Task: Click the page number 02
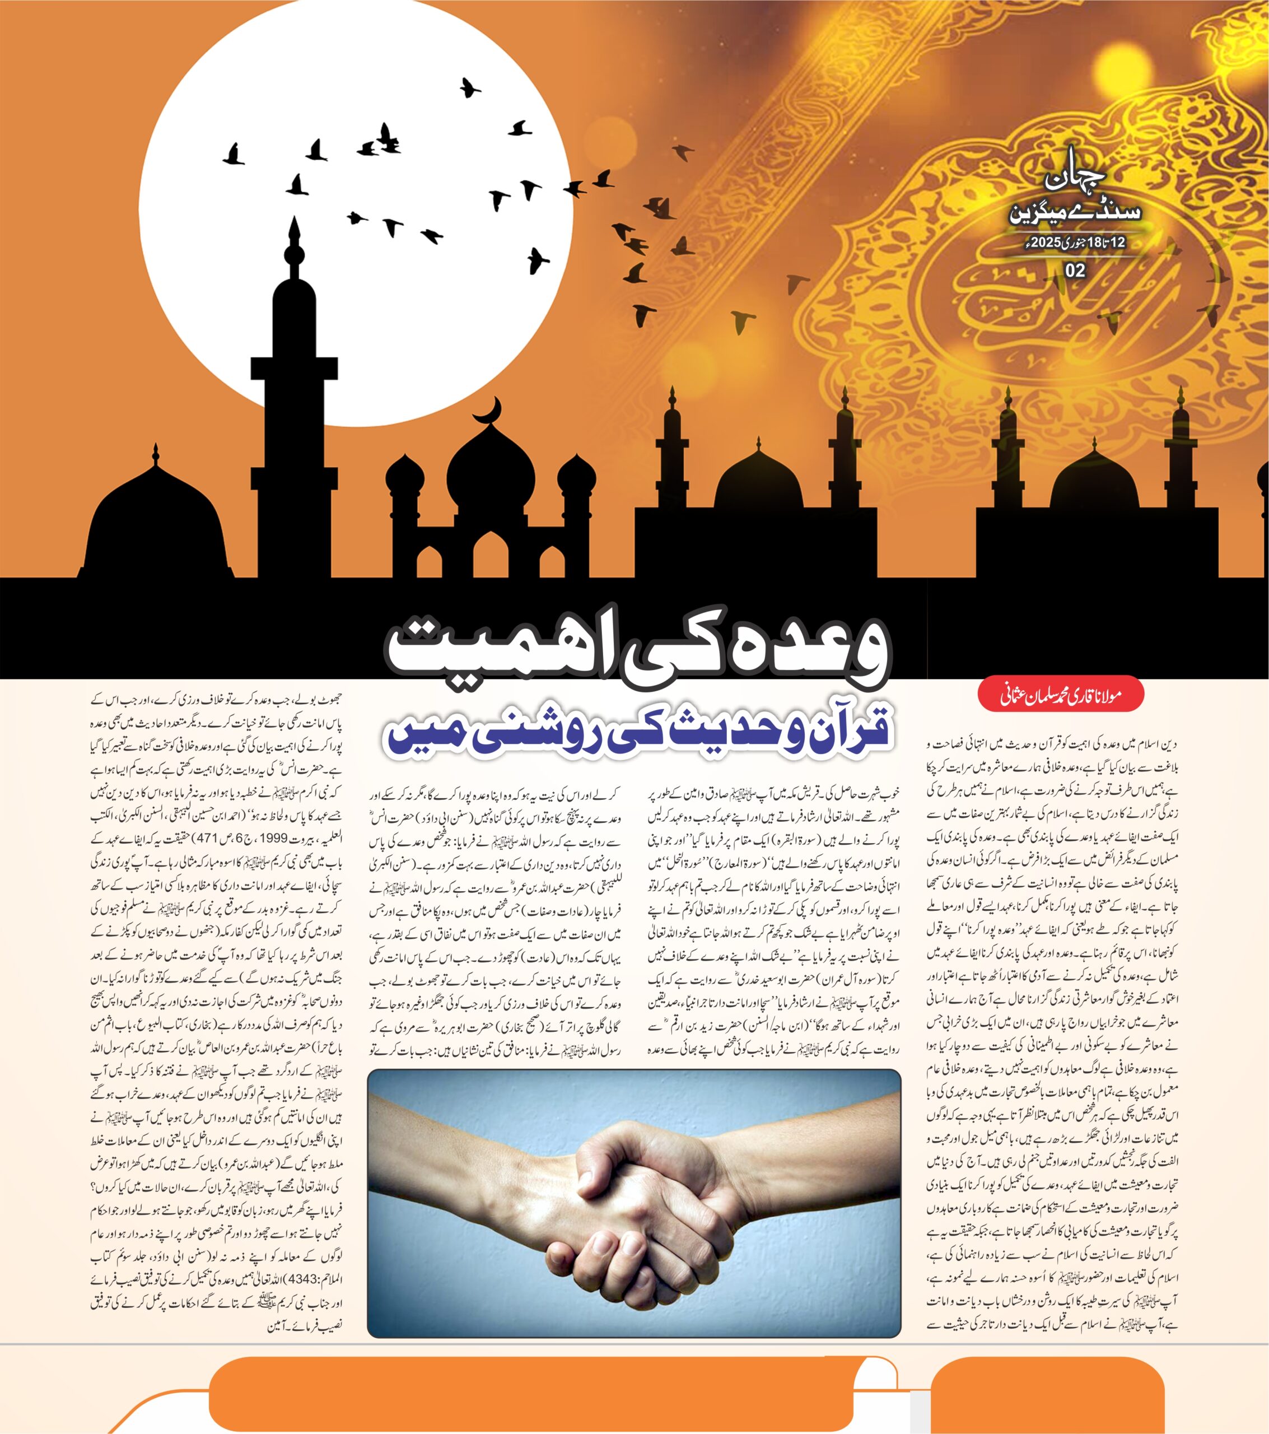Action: [x=1075, y=271]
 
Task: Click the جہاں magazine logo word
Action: [x=1074, y=180]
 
